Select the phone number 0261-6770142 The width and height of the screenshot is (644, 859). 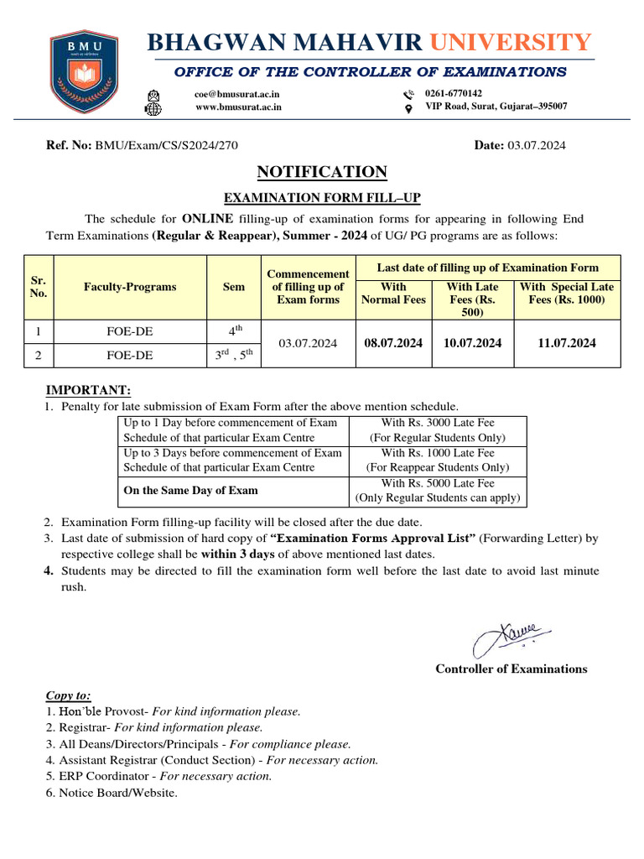(x=454, y=93)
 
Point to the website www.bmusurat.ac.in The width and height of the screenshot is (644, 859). (x=238, y=107)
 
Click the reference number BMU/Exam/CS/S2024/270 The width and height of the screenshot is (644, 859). (x=166, y=145)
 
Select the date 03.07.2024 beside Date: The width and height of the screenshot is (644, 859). (x=536, y=145)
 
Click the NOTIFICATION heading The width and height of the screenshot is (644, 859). (x=322, y=172)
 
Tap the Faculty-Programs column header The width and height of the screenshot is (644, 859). (x=130, y=287)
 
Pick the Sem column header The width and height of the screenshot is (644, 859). (x=234, y=287)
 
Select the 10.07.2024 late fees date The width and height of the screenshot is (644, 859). (x=472, y=342)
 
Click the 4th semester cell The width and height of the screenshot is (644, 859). (x=234, y=331)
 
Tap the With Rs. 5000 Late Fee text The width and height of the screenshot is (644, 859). (x=437, y=483)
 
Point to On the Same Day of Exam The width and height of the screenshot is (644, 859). (x=190, y=490)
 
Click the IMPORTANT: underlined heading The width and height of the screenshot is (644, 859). (x=87, y=390)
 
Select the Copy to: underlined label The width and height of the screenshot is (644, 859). (x=68, y=695)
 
